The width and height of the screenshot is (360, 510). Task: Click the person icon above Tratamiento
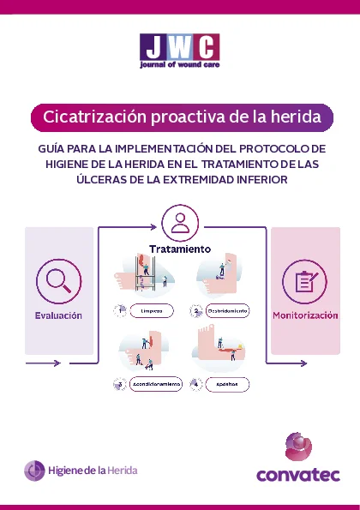pyautogui.click(x=180, y=224)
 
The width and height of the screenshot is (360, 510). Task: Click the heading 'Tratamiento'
pyautogui.click(x=180, y=249)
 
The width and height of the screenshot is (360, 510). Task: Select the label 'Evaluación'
pyautogui.click(x=58, y=315)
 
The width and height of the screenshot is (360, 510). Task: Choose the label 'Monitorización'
pyautogui.click(x=305, y=315)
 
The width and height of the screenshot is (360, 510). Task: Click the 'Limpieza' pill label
pyautogui.click(x=152, y=310)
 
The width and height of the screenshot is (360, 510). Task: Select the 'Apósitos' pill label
pyautogui.click(x=227, y=386)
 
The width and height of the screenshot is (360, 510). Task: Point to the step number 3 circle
pyautogui.click(x=119, y=386)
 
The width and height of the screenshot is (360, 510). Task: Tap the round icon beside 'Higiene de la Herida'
pyautogui.click(x=35, y=470)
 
